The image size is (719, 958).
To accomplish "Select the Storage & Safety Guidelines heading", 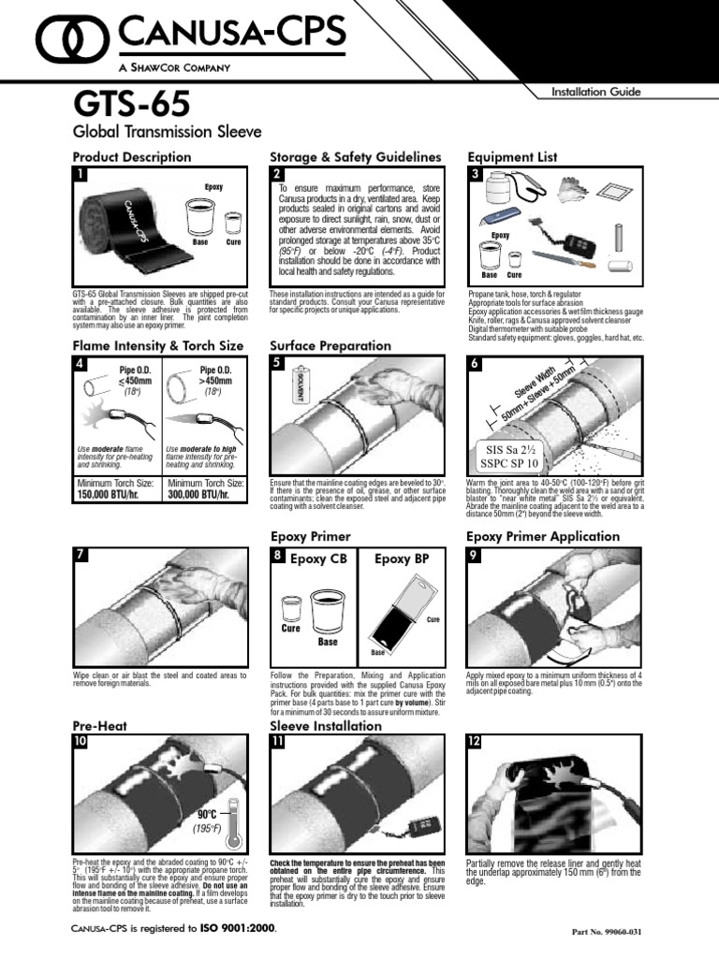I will (355, 156).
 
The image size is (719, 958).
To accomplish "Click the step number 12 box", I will (476, 741).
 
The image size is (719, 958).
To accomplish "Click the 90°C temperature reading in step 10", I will (207, 815).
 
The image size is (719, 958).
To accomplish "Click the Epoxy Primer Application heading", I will (542, 536).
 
